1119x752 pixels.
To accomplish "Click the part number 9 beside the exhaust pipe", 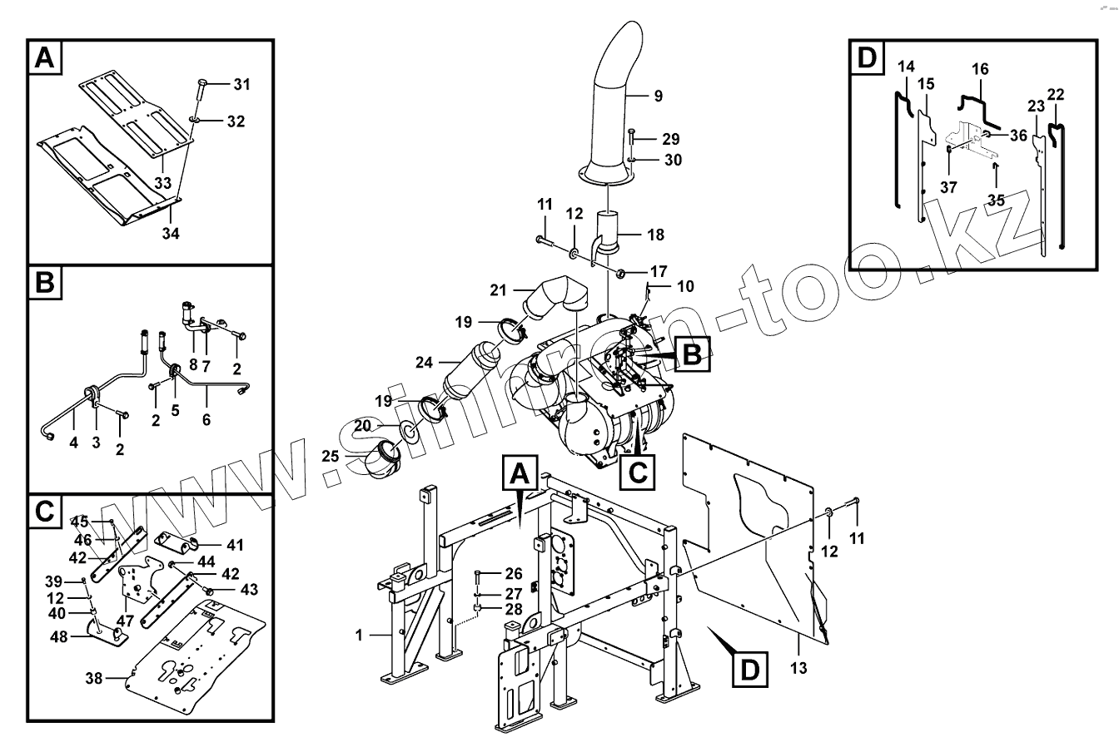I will click(x=658, y=96).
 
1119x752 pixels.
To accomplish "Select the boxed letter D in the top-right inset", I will click(x=867, y=57).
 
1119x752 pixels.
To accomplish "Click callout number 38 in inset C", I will click(x=94, y=679).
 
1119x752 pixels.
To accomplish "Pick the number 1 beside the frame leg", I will click(x=358, y=636).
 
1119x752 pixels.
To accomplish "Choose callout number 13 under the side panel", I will click(x=798, y=667).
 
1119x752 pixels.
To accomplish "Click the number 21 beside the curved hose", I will click(x=498, y=289).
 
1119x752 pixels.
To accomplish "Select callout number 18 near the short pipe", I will click(x=655, y=235).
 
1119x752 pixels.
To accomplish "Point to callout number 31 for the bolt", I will click(x=241, y=84).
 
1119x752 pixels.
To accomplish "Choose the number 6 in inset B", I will click(x=206, y=420).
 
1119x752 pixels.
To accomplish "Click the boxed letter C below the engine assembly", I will click(x=637, y=472).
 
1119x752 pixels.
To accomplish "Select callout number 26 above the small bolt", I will click(x=514, y=573).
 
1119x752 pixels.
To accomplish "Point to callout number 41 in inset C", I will click(x=235, y=546).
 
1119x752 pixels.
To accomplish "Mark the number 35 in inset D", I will click(x=997, y=200).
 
